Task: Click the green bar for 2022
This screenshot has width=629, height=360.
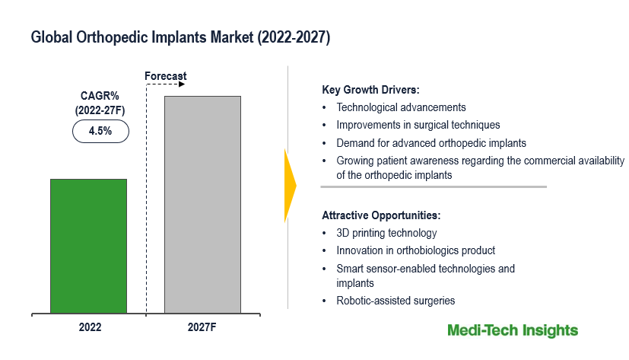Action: click(x=88, y=246)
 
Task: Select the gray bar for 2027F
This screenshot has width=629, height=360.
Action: click(x=202, y=204)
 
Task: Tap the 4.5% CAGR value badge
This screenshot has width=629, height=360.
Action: click(x=100, y=131)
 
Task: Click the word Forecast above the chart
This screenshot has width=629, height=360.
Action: click(x=165, y=76)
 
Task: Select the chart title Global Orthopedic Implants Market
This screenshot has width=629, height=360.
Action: click(x=180, y=37)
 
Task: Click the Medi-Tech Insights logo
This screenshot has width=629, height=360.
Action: click(x=512, y=330)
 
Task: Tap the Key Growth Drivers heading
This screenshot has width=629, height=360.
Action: click(x=370, y=90)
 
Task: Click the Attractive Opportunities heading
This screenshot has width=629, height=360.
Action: click(x=381, y=215)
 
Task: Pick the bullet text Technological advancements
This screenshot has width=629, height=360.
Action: click(x=401, y=107)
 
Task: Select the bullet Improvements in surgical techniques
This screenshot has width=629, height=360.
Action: click(x=418, y=125)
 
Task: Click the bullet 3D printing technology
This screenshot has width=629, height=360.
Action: click(x=386, y=233)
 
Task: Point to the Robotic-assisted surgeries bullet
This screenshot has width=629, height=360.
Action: click(x=396, y=301)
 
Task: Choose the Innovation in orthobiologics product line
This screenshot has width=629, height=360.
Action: click(x=415, y=250)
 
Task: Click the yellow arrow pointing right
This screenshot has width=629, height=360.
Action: click(x=289, y=186)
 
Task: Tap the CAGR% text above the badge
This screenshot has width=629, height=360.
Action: click(x=100, y=96)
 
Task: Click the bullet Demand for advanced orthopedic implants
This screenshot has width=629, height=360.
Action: click(x=431, y=142)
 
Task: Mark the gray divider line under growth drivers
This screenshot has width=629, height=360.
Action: click(x=433, y=186)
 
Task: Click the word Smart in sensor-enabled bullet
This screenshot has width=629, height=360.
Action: click(x=350, y=269)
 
